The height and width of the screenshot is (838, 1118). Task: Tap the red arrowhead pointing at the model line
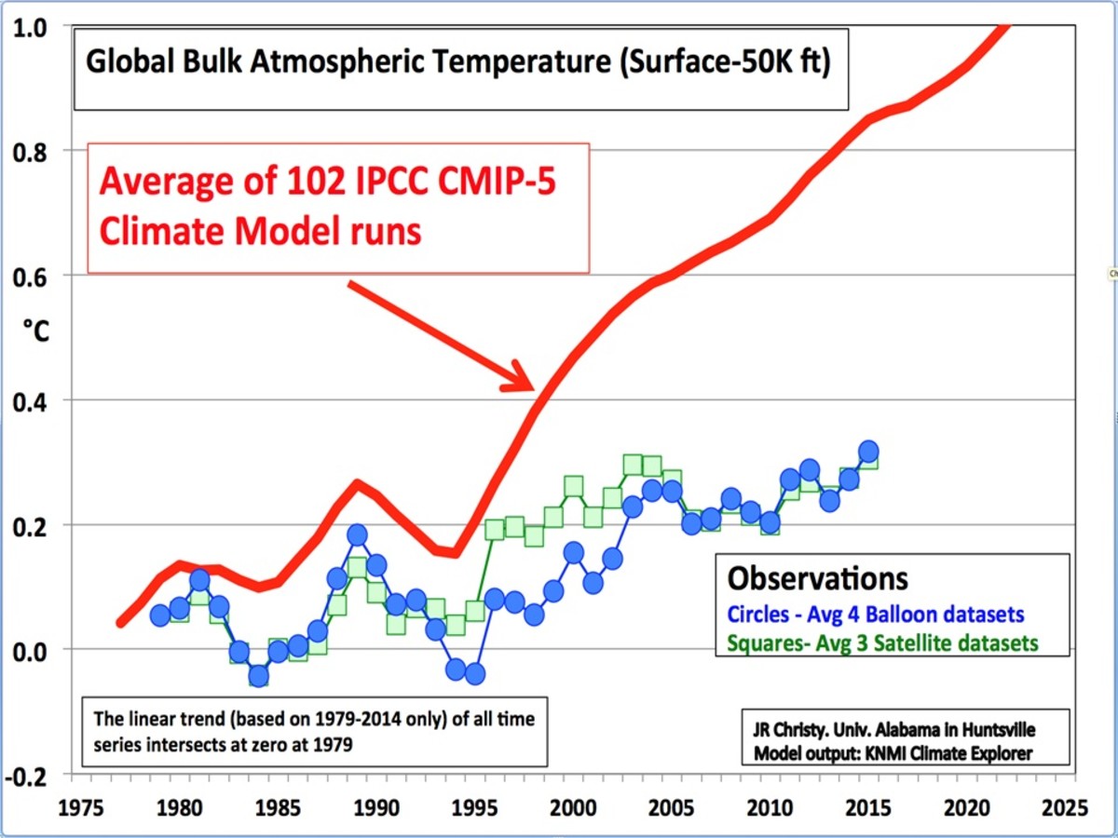pyautogui.click(x=518, y=380)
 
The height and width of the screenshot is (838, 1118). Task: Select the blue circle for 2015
pyautogui.click(x=868, y=452)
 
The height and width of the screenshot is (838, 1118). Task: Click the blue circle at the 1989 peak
pyautogui.click(x=357, y=534)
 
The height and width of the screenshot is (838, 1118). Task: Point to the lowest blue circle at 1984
pyautogui.click(x=258, y=676)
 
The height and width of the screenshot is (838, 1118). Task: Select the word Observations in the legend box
pyautogui.click(x=817, y=578)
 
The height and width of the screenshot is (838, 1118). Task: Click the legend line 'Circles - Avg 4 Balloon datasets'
pyautogui.click(x=876, y=615)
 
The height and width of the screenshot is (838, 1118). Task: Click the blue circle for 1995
pyautogui.click(x=475, y=673)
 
